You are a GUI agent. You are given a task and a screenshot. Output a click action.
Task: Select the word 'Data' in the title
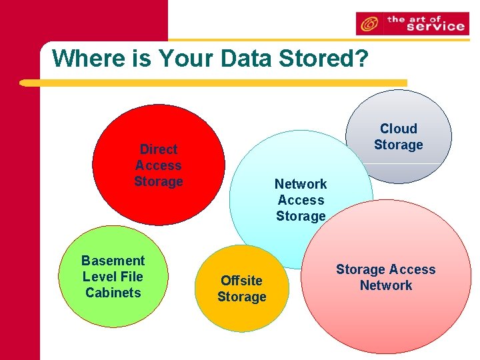pyautogui.click(x=247, y=59)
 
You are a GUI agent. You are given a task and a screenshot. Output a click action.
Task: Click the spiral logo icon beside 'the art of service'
pyautogui.click(x=367, y=25)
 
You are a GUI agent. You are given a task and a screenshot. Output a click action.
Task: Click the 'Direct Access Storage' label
pyautogui.click(x=158, y=165)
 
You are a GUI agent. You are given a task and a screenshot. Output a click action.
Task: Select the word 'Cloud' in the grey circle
pyautogui.click(x=399, y=129)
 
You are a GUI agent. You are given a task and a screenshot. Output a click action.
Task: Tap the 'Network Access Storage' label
pyautogui.click(x=301, y=200)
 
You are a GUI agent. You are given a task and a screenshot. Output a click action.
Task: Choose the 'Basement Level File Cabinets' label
pyautogui.click(x=113, y=277)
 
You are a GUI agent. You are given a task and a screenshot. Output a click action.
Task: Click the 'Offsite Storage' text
pyautogui.click(x=241, y=289)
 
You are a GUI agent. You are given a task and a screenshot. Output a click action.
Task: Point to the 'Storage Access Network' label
pyautogui.click(x=385, y=277)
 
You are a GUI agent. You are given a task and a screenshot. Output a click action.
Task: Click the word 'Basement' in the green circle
pyautogui.click(x=113, y=261)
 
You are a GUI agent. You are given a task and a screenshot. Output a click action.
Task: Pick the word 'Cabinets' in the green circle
pyautogui.click(x=113, y=293)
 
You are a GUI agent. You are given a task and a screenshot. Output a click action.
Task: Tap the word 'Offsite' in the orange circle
pyautogui.click(x=241, y=281)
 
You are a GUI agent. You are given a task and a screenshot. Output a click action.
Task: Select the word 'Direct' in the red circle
pyautogui.click(x=159, y=149)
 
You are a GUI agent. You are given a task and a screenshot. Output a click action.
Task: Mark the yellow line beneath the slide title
pyautogui.click(x=213, y=83)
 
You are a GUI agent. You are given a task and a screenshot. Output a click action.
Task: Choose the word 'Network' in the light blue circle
pyautogui.click(x=301, y=184)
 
